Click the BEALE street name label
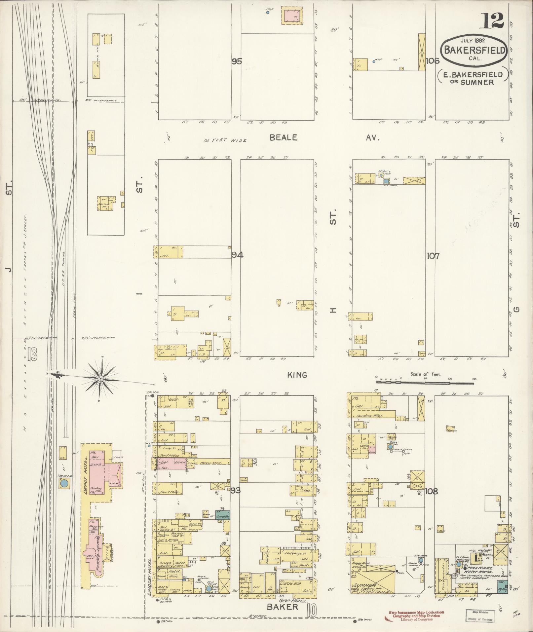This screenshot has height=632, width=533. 284,138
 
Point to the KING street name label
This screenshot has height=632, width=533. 297,375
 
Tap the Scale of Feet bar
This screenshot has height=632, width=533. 426,382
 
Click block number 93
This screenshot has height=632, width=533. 236,491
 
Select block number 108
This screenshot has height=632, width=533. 432,491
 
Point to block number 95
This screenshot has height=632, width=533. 237,61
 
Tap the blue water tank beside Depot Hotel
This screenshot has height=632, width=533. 64,484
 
